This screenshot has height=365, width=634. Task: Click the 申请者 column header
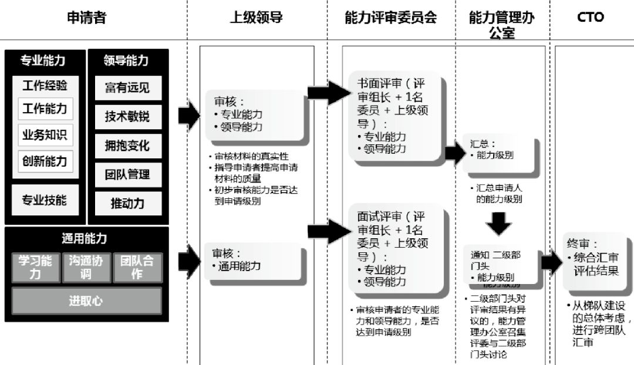pyautogui.click(x=87, y=18)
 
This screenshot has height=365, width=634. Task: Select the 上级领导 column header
pyautogui.click(x=256, y=18)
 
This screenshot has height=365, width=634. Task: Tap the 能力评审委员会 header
pyautogui.click(x=390, y=18)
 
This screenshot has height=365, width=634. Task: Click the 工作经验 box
pyautogui.click(x=45, y=86)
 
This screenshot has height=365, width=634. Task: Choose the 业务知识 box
pyautogui.click(x=45, y=134)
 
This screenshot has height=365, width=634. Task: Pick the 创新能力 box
pyautogui.click(x=45, y=160)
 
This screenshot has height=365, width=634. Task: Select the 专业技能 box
pyautogui.click(x=45, y=200)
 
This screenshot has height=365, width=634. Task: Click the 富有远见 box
pyautogui.click(x=127, y=88)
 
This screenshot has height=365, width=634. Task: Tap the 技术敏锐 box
pyautogui.click(x=127, y=117)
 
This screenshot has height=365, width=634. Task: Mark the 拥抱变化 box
pyautogui.click(x=127, y=146)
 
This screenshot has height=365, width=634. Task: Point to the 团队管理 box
pyautogui.click(x=127, y=174)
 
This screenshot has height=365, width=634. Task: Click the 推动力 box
pyautogui.click(x=127, y=203)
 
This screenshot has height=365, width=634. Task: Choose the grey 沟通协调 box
pyautogui.click(x=86, y=267)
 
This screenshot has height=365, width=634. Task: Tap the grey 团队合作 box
pyautogui.click(x=137, y=267)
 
